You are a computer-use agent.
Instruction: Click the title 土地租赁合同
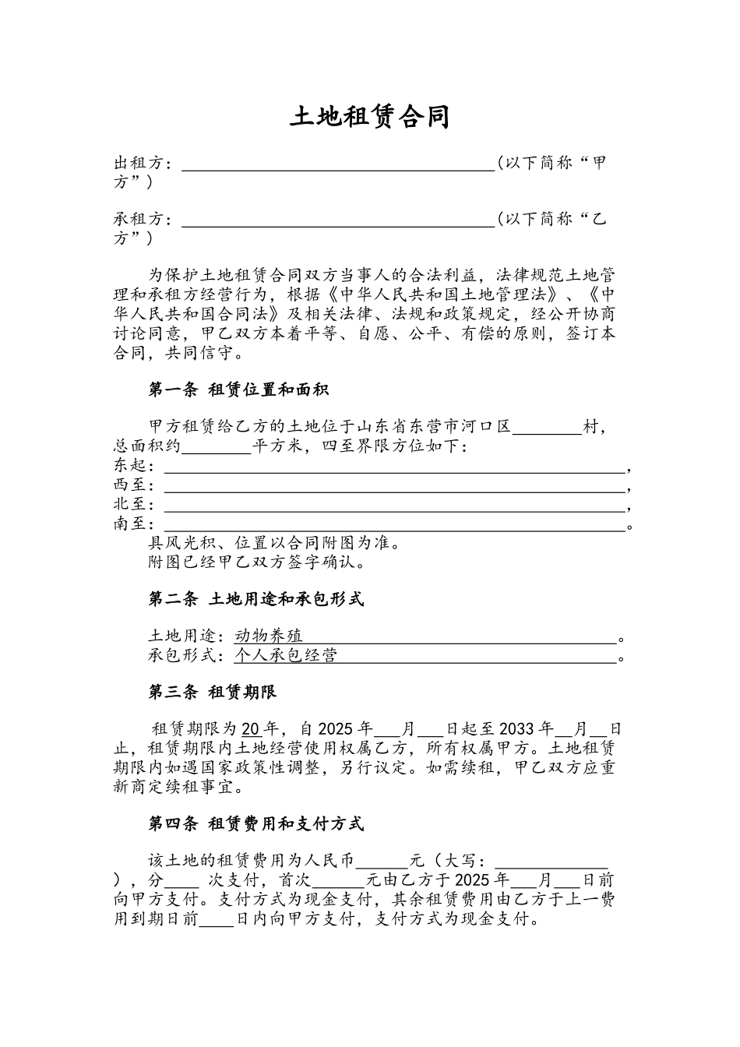[x=370, y=117]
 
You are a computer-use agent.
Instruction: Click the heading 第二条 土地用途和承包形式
[x=256, y=599]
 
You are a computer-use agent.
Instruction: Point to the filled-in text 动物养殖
[x=269, y=636]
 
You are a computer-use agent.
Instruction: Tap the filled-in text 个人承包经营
[x=286, y=655]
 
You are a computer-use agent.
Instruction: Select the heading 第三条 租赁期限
[x=213, y=692]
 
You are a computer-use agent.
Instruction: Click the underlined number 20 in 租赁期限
[x=251, y=730]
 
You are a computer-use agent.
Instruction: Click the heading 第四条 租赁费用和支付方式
[x=256, y=823]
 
